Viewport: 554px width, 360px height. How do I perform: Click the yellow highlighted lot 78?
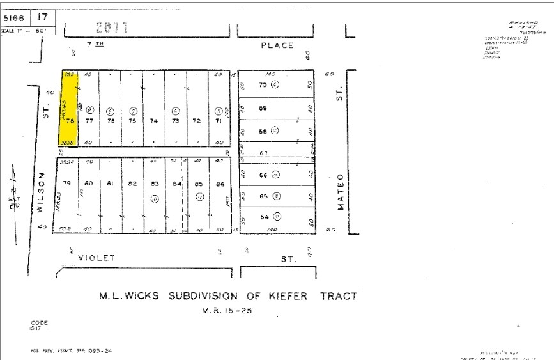pyautogui.click(x=69, y=109)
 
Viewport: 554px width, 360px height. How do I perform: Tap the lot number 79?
pyautogui.click(x=66, y=184)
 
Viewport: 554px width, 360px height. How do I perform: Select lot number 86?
pyautogui.click(x=220, y=184)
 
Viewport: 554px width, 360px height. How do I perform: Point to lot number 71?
pyautogui.click(x=219, y=120)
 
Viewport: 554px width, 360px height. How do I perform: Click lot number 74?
pyautogui.click(x=153, y=120)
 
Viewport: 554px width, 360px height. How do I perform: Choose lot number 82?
pyautogui.click(x=132, y=184)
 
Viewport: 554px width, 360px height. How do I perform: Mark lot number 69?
pyautogui.click(x=263, y=108)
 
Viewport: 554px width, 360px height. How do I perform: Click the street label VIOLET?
pyautogui.click(x=96, y=258)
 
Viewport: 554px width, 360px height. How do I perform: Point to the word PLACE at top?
pyautogui.click(x=277, y=45)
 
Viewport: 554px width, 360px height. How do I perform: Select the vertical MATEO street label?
pyautogui.click(x=341, y=191)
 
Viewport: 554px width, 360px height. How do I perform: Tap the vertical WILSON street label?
pyautogui.click(x=40, y=192)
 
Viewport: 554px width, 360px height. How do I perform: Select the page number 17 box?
pyautogui.click(x=43, y=18)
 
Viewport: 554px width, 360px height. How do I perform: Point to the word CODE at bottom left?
pyautogui.click(x=39, y=323)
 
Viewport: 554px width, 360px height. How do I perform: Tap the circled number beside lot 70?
pyautogui.click(x=275, y=84)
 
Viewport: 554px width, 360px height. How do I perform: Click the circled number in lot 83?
pyautogui.click(x=154, y=200)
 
